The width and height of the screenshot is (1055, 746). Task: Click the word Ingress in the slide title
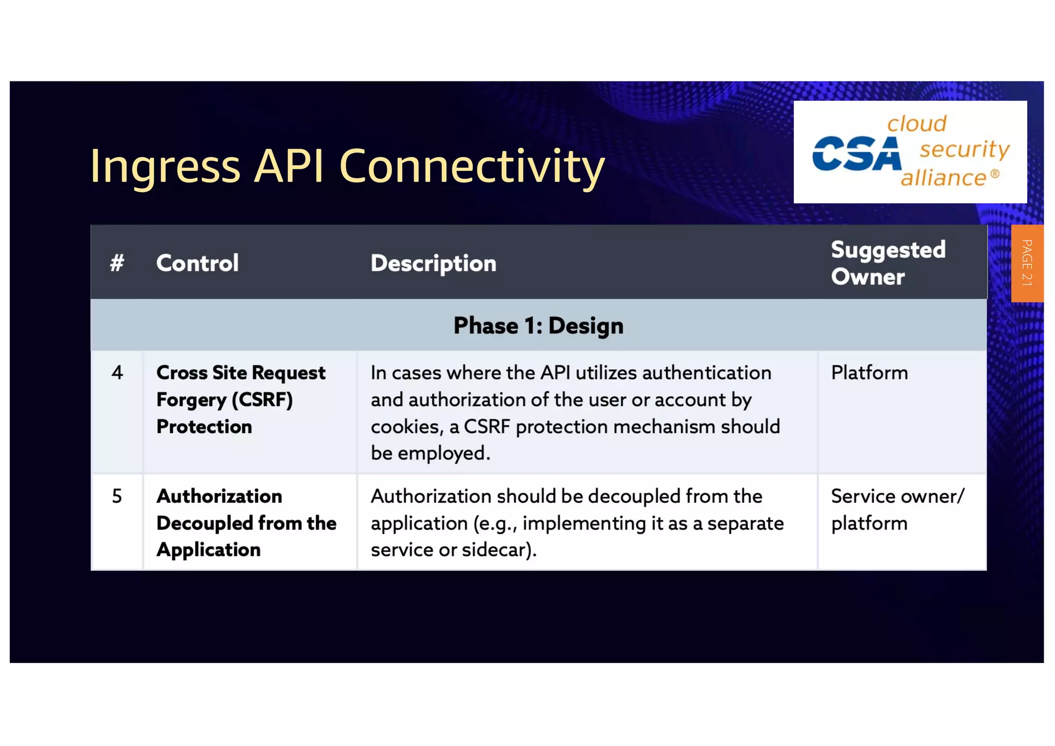pyautogui.click(x=165, y=166)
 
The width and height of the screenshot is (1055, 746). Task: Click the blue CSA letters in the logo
pyautogui.click(x=856, y=154)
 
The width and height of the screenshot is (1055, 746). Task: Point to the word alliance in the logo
pyautogui.click(x=943, y=178)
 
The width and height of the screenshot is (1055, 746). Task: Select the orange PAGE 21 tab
pyautogui.click(x=1027, y=263)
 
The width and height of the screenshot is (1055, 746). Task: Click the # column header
pyautogui.click(x=117, y=263)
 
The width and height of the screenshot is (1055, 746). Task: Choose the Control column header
pyautogui.click(x=197, y=263)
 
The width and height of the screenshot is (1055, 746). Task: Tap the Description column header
pyautogui.click(x=433, y=263)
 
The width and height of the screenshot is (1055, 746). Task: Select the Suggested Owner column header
pyautogui.click(x=888, y=263)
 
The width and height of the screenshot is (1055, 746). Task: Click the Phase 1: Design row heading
pyautogui.click(x=538, y=326)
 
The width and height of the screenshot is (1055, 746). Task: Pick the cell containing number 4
pyautogui.click(x=117, y=372)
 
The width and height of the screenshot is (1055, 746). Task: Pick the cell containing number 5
pyautogui.click(x=117, y=496)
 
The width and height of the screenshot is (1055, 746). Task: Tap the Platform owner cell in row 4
pyautogui.click(x=869, y=372)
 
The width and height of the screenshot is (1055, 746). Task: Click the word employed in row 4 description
pyautogui.click(x=443, y=453)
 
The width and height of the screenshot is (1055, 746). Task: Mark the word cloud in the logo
pyautogui.click(x=916, y=124)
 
